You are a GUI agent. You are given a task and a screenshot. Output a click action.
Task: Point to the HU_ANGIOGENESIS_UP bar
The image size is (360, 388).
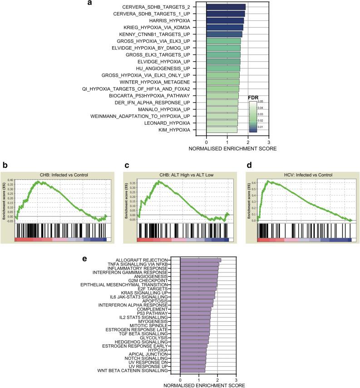(223, 69)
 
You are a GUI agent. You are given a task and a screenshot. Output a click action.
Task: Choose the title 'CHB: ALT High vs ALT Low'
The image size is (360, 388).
(183, 175)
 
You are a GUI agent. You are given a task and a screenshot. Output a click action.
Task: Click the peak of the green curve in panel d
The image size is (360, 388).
(268, 181)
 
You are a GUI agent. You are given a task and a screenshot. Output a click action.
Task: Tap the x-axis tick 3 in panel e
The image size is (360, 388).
(236, 379)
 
